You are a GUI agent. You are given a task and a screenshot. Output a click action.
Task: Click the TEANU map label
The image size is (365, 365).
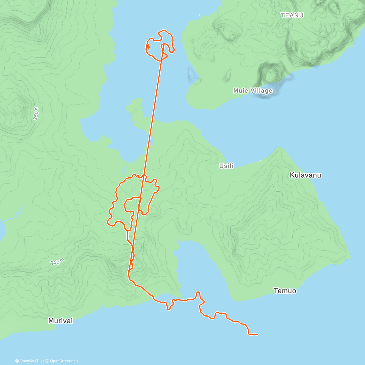click(292, 15)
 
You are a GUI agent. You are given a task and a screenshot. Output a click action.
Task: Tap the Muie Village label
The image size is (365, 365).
click(253, 91)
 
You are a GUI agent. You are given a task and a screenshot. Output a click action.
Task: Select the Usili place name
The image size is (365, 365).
click(226, 166)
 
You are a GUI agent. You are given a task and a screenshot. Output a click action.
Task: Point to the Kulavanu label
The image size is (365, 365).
click(305, 175)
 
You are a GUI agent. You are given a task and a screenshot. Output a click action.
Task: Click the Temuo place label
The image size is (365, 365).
click(285, 291)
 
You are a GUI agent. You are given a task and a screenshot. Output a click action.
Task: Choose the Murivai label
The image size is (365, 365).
click(61, 321)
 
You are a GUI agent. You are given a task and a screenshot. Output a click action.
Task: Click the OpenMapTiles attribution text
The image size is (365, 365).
click(32, 361)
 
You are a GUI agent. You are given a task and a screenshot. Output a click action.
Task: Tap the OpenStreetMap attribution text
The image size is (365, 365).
click(64, 361)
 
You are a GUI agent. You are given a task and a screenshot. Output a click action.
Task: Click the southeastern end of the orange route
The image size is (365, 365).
click(257, 335)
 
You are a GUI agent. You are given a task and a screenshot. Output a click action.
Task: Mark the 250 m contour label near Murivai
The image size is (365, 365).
click(57, 261)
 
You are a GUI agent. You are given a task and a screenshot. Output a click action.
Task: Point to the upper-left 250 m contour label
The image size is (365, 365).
click(36, 113)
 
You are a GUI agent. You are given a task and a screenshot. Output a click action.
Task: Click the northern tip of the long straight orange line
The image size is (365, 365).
click(163, 45)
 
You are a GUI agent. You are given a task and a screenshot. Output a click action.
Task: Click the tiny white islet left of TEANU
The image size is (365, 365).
click(200, 15)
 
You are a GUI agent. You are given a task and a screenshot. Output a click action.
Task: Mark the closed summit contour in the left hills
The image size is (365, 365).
click(17, 108)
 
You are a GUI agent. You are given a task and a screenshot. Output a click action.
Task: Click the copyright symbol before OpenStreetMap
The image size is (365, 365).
click(47, 361)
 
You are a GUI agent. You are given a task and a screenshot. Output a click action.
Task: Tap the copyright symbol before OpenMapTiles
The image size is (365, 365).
click(17, 361)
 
